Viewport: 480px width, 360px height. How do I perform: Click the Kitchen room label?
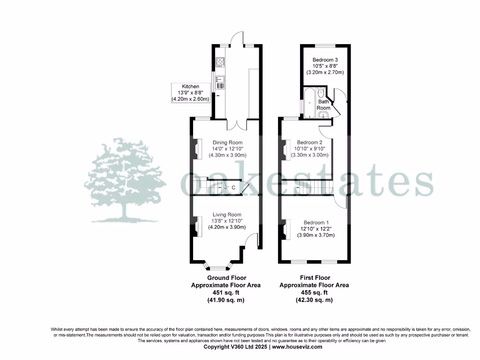tap(191, 87)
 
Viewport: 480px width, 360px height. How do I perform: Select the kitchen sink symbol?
tap(220, 83)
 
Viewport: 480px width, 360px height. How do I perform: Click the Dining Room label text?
tap(227, 142)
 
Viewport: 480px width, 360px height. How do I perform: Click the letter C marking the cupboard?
tap(233, 188)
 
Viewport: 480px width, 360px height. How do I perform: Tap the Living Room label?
tap(227, 215)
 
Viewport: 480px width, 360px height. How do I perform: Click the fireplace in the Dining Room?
tap(195, 149)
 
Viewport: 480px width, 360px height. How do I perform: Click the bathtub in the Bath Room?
tap(309, 102)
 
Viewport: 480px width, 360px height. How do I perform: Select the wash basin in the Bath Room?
tap(323, 115)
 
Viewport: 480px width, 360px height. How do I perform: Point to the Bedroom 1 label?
tap(316, 223)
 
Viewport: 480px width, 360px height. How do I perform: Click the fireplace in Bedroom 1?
tap(284, 230)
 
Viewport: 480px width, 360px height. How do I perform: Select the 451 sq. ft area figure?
tap(226, 292)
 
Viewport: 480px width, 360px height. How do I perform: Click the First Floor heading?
tap(314, 278)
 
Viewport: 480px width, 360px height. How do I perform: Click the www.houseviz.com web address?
tap(297, 347)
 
